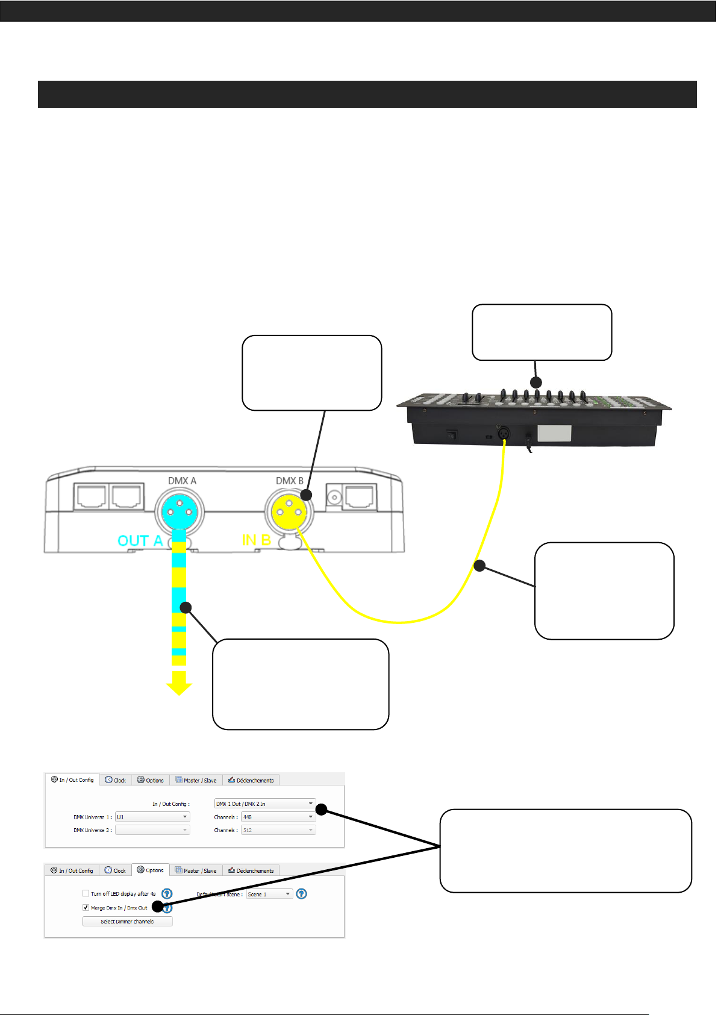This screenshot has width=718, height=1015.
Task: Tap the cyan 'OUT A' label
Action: click(x=140, y=541)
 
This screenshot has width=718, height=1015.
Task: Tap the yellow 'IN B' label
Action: click(x=256, y=540)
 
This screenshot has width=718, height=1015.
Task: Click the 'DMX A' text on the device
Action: click(x=182, y=481)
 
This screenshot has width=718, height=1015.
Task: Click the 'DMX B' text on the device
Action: click(x=290, y=481)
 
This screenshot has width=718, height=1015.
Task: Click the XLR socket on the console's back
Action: click(x=503, y=433)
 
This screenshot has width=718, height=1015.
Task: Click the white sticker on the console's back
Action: click(x=554, y=433)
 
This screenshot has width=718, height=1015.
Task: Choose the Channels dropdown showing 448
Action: click(x=278, y=817)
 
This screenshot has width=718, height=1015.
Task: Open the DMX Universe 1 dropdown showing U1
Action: click(x=152, y=817)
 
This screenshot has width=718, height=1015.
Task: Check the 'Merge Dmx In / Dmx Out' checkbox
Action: click(x=86, y=908)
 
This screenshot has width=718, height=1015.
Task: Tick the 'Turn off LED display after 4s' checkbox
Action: click(x=86, y=894)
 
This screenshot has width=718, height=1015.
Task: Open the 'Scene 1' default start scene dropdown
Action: click(x=269, y=894)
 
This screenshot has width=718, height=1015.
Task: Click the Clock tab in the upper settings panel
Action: click(x=116, y=780)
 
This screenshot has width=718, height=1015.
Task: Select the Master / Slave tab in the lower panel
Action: click(x=196, y=870)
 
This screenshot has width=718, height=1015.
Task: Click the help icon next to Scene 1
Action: click(x=302, y=894)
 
